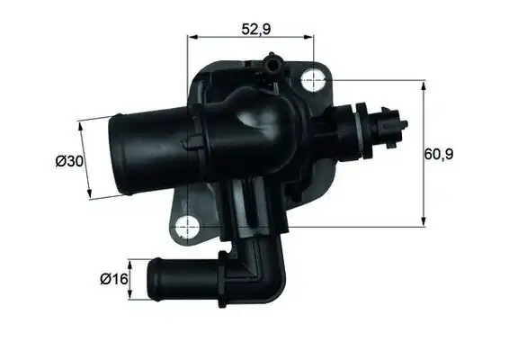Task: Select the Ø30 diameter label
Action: [x=68, y=161]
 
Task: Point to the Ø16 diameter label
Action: [x=112, y=279]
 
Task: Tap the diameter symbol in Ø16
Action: [x=104, y=279]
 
